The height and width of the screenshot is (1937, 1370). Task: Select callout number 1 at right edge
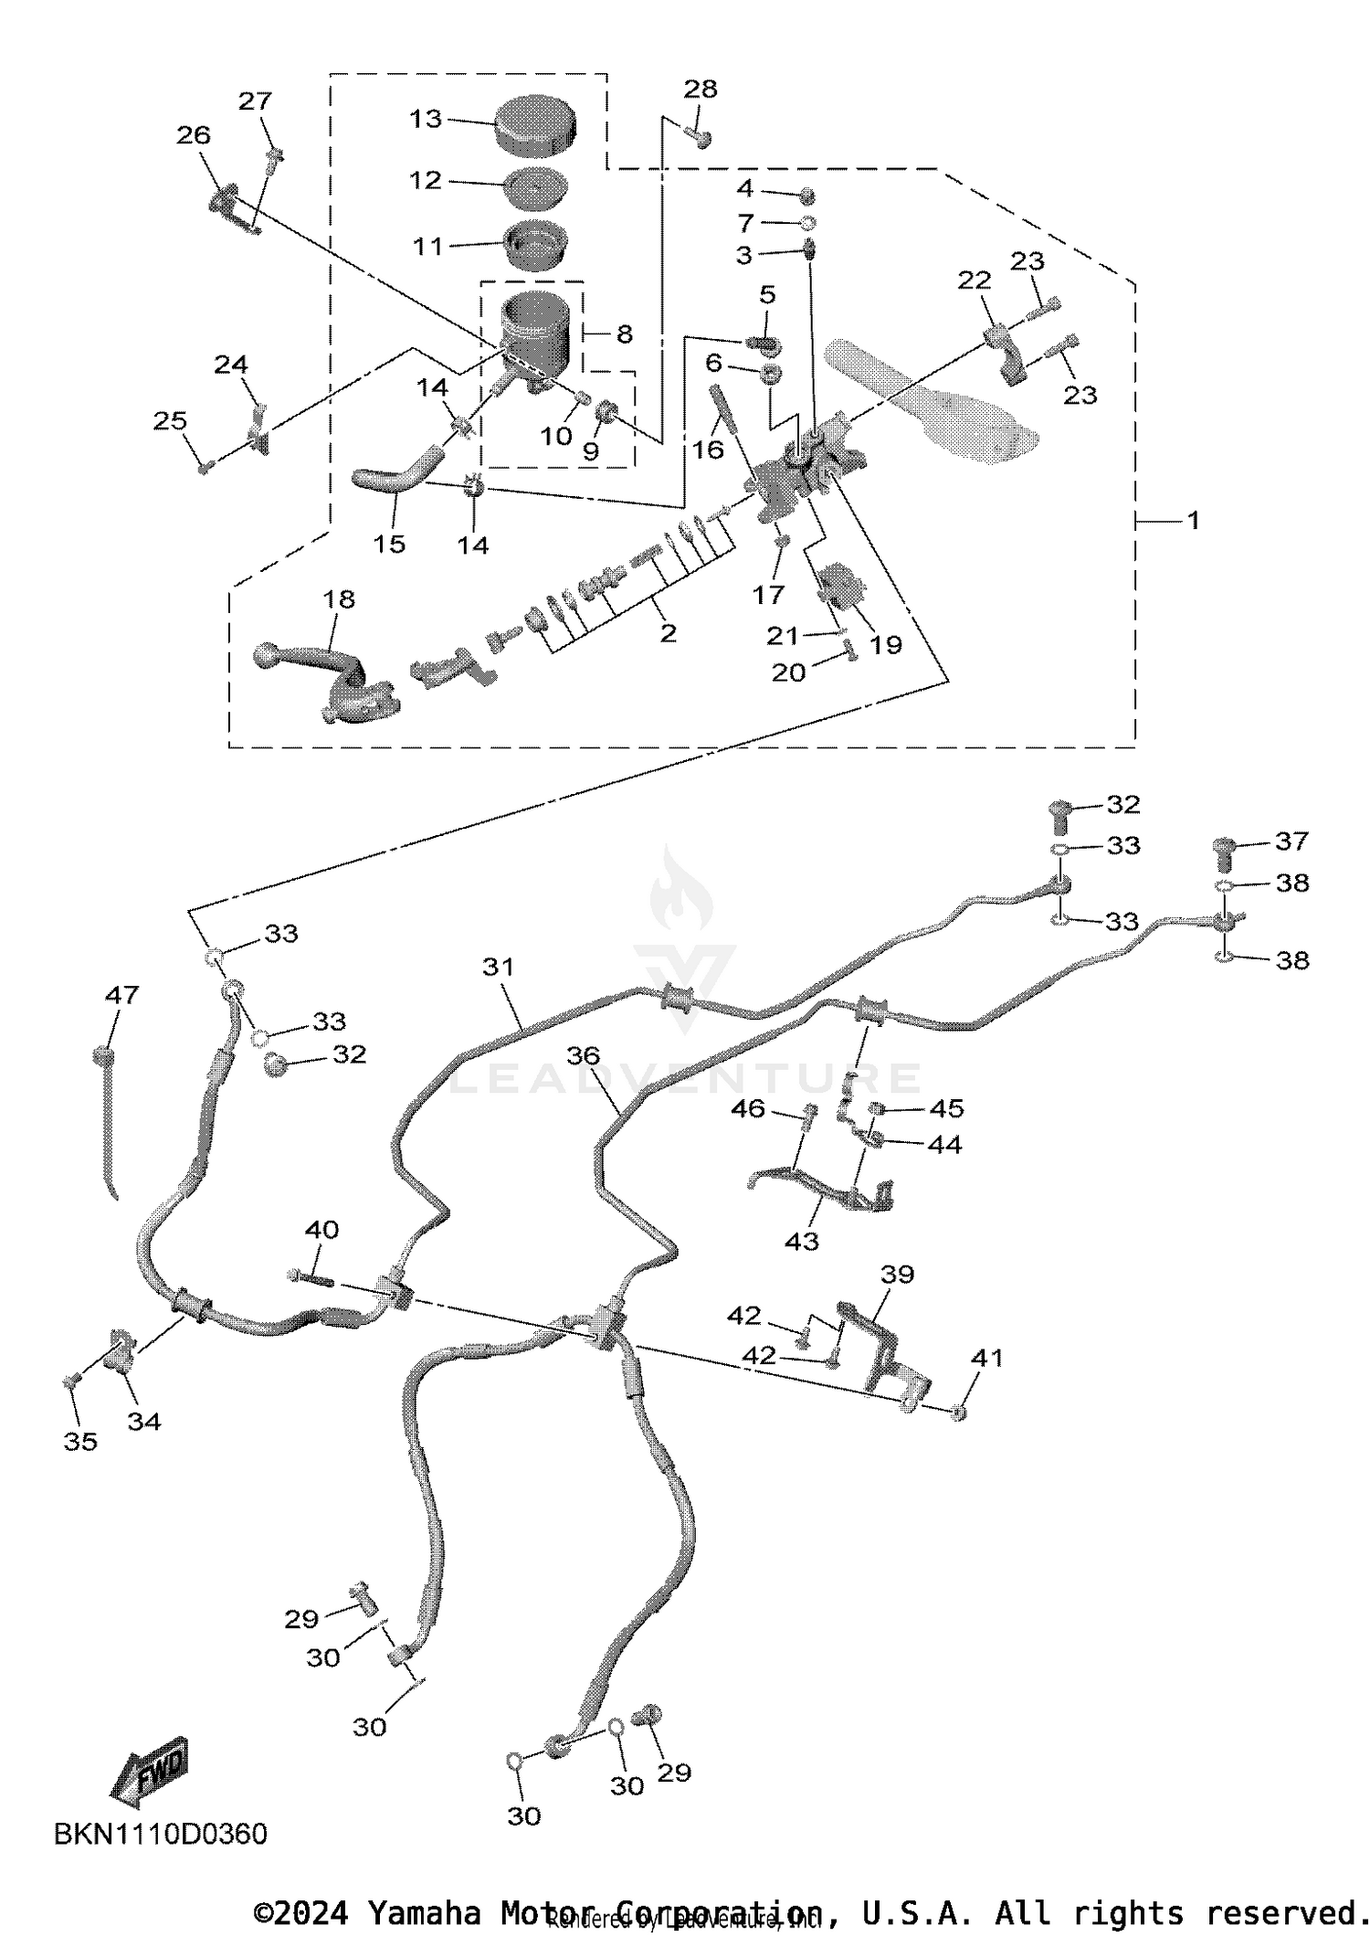[x=1192, y=521]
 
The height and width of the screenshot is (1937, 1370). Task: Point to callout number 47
[x=122, y=995]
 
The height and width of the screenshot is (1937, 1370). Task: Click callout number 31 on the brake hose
[x=499, y=967]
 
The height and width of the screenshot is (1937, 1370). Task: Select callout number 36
[x=583, y=1056]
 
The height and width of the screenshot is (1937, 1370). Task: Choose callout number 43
[x=802, y=1241]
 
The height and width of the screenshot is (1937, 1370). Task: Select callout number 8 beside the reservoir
[x=625, y=334]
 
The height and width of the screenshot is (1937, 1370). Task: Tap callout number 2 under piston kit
[x=669, y=632]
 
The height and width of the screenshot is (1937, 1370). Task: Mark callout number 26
[x=194, y=136]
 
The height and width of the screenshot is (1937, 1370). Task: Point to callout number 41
[x=987, y=1359]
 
